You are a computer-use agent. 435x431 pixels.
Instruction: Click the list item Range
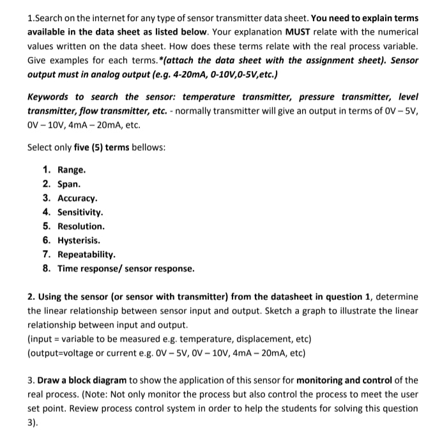pos(72,170)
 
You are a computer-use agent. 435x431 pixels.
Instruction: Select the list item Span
pos(69,184)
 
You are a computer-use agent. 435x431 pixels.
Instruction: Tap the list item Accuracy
pos(77,198)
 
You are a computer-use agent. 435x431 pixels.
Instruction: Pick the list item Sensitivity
pos(80,212)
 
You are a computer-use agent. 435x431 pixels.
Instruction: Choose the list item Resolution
pos(80,226)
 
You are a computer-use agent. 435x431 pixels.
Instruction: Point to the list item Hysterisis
pos(79,240)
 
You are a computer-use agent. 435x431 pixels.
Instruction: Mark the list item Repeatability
pos(86,255)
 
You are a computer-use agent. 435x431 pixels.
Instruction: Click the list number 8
pos(47,269)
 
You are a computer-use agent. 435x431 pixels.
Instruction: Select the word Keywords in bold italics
pos(48,97)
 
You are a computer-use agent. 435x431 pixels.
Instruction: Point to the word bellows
pos(149,147)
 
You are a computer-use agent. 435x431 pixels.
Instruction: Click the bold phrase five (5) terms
pos(102,147)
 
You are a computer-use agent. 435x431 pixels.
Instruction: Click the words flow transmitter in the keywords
pos(68,111)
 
